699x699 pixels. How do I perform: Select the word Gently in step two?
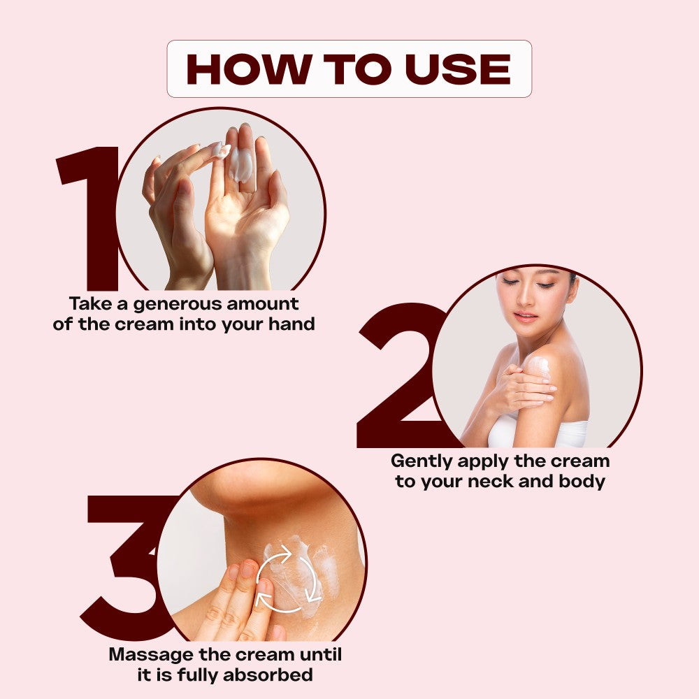pyautogui.click(x=421, y=462)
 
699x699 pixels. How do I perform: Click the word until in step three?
pyautogui.click(x=321, y=654)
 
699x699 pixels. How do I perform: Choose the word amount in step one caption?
pyautogui.click(x=262, y=304)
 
